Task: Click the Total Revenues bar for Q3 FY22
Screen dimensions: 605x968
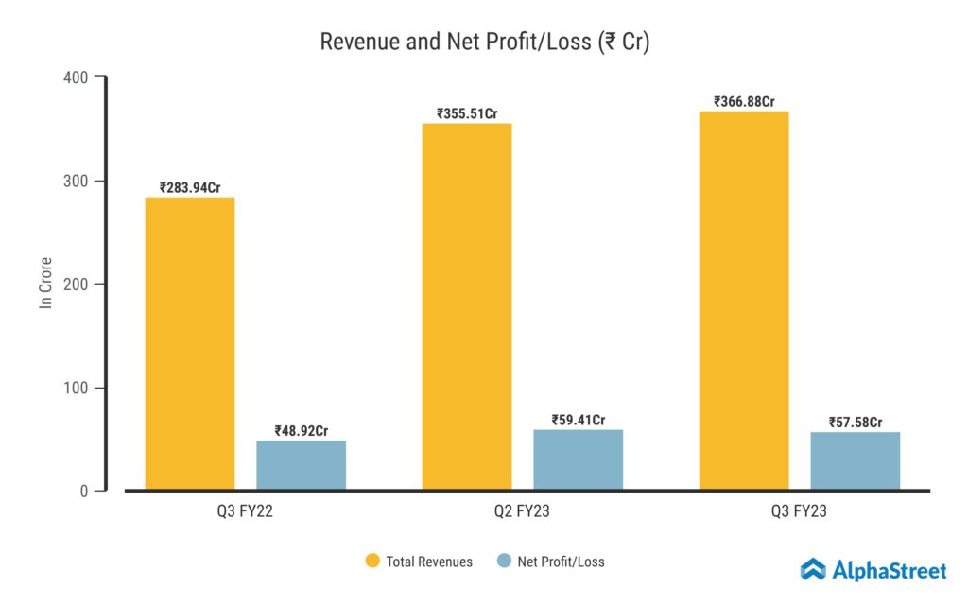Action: point(189,343)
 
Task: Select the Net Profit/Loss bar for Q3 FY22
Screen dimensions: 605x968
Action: point(301,465)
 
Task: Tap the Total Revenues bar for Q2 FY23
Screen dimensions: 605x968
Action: point(467,306)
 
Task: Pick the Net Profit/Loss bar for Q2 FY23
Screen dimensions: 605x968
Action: point(578,459)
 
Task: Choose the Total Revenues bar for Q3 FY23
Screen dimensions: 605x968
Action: point(744,301)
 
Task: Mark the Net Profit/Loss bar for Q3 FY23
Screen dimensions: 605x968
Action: point(855,460)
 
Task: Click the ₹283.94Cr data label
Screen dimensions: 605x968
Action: point(190,187)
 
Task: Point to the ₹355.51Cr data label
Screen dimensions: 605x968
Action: point(467,113)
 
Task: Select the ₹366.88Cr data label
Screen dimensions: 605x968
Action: point(744,102)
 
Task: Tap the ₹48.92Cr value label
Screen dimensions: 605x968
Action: point(302,431)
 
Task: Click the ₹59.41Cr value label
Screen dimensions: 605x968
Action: point(579,420)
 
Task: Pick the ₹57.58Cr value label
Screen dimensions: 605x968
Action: point(856,422)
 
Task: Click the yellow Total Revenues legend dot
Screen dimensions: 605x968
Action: point(372,562)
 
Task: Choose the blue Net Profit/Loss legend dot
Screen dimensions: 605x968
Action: point(504,562)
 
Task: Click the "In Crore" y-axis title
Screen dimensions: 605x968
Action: point(45,283)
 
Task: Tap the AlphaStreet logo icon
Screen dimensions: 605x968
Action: point(813,569)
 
